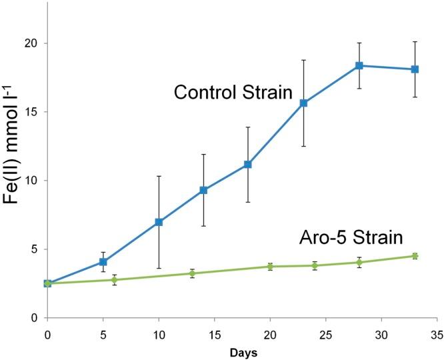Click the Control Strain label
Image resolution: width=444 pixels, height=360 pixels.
[x=233, y=92]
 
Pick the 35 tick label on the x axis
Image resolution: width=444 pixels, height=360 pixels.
[x=437, y=331]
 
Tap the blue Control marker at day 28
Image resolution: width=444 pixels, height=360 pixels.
[x=359, y=65]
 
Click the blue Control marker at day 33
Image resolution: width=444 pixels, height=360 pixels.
[x=415, y=69]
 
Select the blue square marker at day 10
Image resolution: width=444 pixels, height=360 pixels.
[x=159, y=222]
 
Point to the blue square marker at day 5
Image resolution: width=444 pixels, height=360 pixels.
[x=103, y=262]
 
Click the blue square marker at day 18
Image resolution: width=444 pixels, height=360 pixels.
[x=247, y=164]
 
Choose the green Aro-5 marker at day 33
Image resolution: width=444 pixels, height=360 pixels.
[x=415, y=256]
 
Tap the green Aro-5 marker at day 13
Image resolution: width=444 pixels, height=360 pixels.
[x=192, y=273]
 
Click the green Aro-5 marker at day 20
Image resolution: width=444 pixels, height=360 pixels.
[x=270, y=267]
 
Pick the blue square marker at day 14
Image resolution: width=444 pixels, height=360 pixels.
[x=203, y=190]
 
